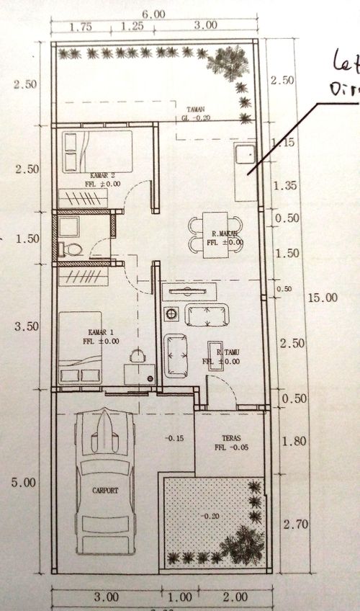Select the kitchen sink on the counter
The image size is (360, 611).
pyautogui.click(x=244, y=153)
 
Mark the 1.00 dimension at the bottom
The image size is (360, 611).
pyautogui.click(x=179, y=597)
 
